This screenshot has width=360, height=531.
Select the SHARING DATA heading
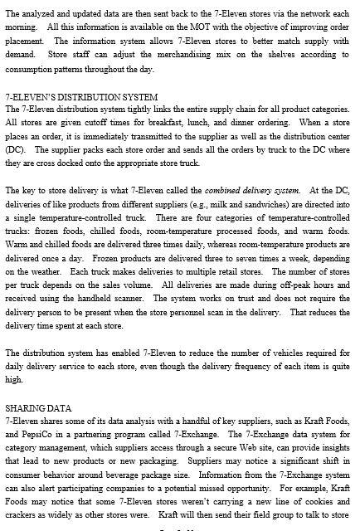(x=38, y=408)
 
